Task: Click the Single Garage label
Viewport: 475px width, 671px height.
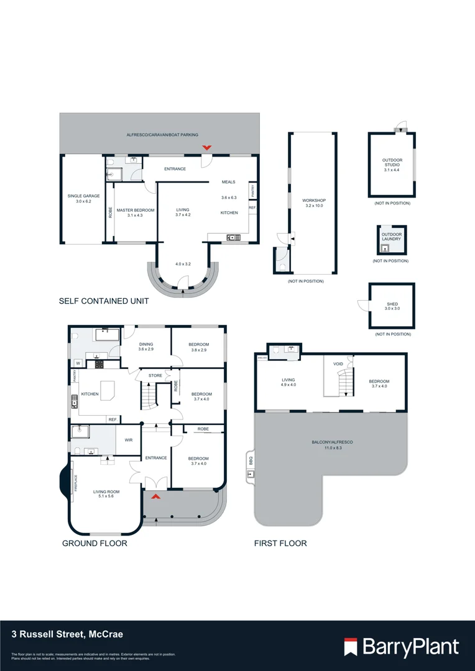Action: (x=83, y=199)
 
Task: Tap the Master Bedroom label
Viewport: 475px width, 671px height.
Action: (x=135, y=212)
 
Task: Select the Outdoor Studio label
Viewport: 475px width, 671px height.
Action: (x=392, y=165)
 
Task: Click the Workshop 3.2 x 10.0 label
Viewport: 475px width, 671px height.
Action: (x=313, y=203)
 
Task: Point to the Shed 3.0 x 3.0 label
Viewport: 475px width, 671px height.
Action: (x=392, y=306)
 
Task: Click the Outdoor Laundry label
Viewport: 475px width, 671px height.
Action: (x=392, y=237)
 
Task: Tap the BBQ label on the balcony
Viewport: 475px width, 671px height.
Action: (x=251, y=462)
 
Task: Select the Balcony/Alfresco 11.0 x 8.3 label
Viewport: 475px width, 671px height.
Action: (x=332, y=444)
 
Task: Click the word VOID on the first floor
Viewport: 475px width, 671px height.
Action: (x=338, y=364)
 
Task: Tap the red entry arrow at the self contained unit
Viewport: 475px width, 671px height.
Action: (x=206, y=147)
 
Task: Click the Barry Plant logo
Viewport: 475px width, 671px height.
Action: (x=402, y=647)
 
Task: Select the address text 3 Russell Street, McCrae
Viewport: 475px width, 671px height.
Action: (x=67, y=634)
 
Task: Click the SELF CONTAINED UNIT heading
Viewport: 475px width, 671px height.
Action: (x=104, y=301)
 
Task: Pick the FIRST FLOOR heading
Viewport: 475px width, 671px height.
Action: (x=280, y=543)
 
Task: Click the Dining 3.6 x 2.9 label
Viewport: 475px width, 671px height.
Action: (x=145, y=347)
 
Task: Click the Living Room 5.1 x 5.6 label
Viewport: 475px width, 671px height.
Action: (x=106, y=495)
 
